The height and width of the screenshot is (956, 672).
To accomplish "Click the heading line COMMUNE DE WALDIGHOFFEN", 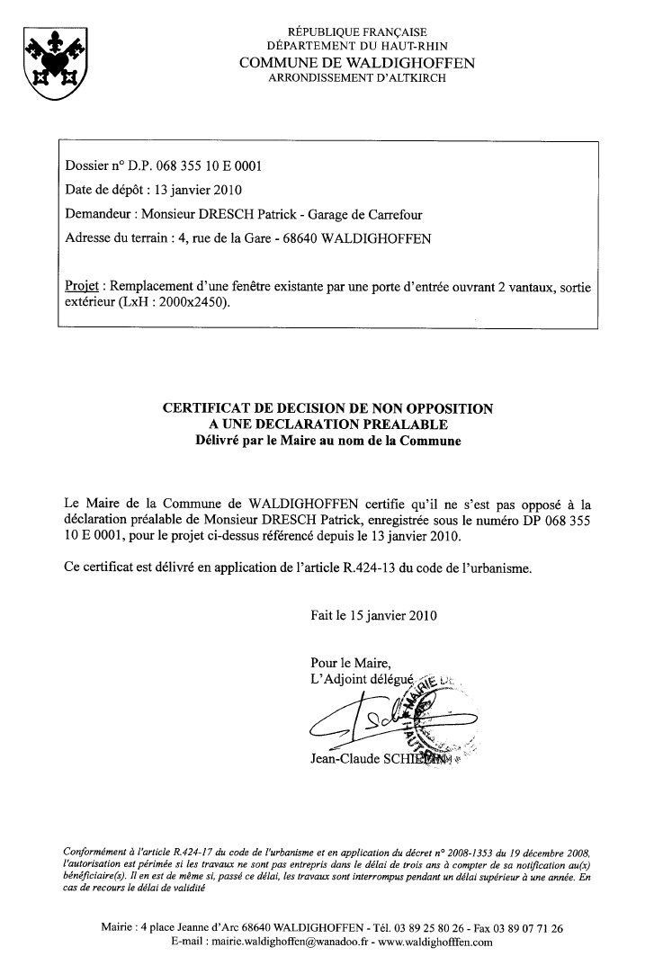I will click(x=357, y=63).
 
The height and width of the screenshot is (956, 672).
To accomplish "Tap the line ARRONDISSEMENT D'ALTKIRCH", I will click(x=357, y=78).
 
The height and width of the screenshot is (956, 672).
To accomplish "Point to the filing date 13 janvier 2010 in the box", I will click(x=198, y=191).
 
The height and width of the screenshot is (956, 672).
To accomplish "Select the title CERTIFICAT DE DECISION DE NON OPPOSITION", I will click(x=327, y=409).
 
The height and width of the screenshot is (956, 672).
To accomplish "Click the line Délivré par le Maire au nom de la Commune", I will click(x=327, y=441).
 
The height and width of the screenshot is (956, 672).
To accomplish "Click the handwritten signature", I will click(x=378, y=719).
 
